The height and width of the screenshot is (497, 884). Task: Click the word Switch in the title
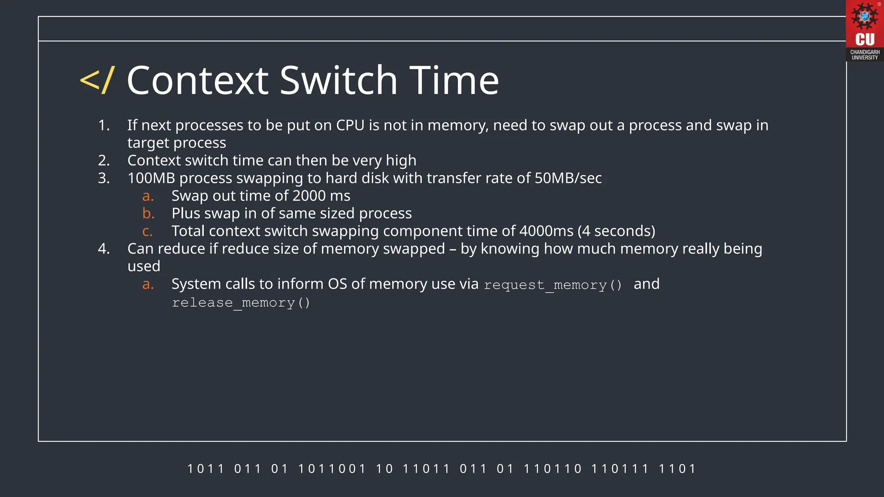(x=338, y=81)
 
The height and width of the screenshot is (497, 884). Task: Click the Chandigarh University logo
(x=865, y=30)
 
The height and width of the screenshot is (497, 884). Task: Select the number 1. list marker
(x=104, y=126)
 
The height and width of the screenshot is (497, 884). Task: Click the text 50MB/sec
(x=568, y=178)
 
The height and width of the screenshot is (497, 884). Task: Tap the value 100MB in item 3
(x=151, y=178)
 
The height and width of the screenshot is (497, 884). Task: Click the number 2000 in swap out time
(x=309, y=196)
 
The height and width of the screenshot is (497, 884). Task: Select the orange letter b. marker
(x=148, y=214)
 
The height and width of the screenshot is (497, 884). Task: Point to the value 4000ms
(x=546, y=231)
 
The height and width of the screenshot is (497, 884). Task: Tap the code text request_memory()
(x=553, y=285)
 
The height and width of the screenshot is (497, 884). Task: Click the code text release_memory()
(x=241, y=303)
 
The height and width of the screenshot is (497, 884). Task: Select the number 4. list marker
(x=104, y=249)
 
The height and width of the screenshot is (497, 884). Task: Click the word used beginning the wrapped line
(x=144, y=267)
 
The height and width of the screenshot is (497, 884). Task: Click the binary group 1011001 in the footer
(x=331, y=469)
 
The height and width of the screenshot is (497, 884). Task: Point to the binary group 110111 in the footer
(x=619, y=469)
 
